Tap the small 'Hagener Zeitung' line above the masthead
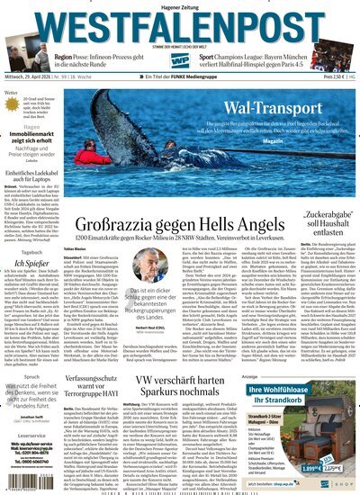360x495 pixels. tap(179, 6)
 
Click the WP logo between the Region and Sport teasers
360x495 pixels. tap(182, 61)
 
